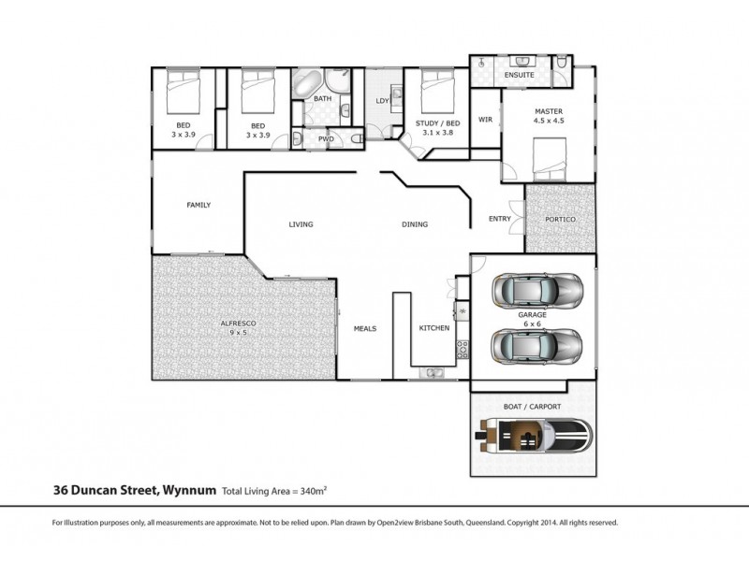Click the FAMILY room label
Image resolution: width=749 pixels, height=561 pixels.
(198, 205)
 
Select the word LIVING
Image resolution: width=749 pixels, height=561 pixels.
(300, 224)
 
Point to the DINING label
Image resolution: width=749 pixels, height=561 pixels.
(415, 224)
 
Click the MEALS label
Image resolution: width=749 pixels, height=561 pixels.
(365, 329)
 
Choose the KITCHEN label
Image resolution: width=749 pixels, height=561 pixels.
(434, 329)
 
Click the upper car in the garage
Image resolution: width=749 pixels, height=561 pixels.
(537, 290)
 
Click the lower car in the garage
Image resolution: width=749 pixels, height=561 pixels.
(537, 346)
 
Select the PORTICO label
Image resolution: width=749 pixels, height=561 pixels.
(560, 219)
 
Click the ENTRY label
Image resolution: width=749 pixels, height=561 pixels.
(500, 219)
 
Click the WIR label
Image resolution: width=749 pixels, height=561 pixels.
(485, 120)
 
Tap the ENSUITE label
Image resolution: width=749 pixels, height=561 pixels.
(518, 74)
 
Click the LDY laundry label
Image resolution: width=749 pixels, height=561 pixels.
(382, 100)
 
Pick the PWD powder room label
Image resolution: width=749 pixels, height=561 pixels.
(326, 138)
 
